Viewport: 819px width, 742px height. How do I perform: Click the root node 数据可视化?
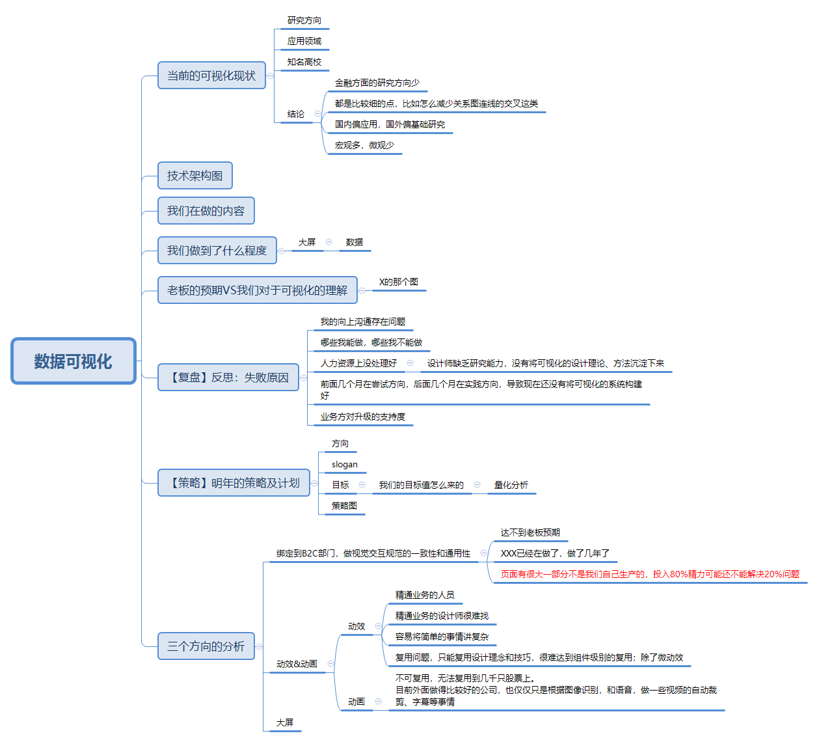(73, 361)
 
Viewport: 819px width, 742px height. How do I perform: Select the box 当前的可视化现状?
(211, 76)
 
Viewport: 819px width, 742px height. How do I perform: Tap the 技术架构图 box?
(195, 176)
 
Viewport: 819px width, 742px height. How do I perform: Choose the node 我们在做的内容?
(206, 211)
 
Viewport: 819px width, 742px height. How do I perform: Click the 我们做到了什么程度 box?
(217, 251)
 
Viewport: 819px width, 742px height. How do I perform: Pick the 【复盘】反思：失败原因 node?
(228, 378)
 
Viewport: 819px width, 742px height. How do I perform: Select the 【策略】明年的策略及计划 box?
(234, 483)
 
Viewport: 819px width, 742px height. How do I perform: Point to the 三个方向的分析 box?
(206, 646)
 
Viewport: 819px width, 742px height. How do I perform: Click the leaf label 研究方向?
(304, 21)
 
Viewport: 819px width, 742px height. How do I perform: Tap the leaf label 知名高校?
(304, 62)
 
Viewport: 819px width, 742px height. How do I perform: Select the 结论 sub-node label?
(296, 114)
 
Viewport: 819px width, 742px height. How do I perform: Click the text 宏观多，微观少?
(364, 145)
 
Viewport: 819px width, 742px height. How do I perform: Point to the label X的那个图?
(398, 282)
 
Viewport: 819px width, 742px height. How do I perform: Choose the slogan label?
(344, 465)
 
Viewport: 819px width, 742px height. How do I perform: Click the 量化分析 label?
(511, 485)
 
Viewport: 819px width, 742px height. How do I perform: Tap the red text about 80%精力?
(650, 574)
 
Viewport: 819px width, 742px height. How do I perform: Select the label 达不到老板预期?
(530, 532)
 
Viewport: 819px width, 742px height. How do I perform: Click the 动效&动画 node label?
(297, 664)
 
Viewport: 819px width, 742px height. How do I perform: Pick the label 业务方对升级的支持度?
(362, 417)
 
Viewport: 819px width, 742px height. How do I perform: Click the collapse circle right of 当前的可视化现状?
(271, 76)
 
